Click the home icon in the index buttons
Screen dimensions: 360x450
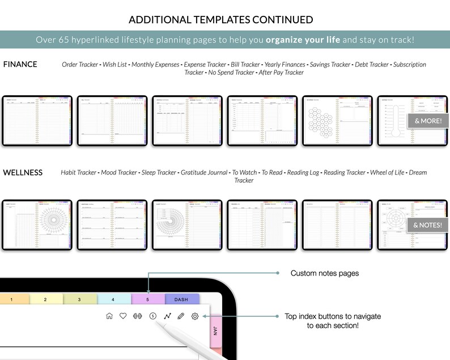coord(109,316)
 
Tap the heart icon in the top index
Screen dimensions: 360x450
coord(123,316)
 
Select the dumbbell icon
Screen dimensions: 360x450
coord(137,316)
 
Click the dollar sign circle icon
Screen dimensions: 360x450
coord(152,316)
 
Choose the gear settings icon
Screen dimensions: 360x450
coord(195,316)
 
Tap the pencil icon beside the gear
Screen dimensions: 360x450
coord(181,316)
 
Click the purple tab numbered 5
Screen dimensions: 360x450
coord(148,299)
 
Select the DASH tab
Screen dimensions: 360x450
coord(181,299)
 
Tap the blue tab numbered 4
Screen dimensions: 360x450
coord(113,299)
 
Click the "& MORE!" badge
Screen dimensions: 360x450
coord(428,121)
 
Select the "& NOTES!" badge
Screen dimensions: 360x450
coord(428,225)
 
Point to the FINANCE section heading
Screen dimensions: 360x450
coord(20,64)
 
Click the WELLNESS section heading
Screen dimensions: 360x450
coord(23,172)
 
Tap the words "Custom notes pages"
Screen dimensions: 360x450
coord(324,273)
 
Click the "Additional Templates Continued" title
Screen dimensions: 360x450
coord(221,20)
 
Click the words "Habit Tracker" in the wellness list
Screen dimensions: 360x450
coord(78,172)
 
